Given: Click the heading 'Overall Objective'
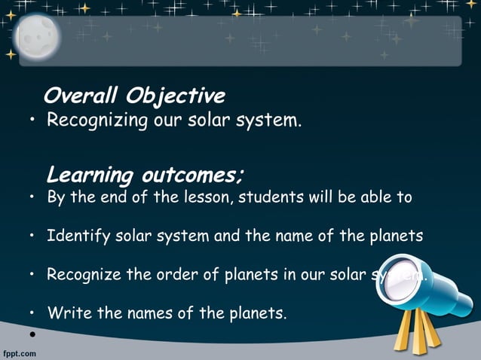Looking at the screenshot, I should [x=134, y=96].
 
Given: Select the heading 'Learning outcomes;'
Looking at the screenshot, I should [x=145, y=175].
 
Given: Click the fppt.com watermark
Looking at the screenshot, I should [x=19, y=352].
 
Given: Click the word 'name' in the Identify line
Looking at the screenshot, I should [x=296, y=236].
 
